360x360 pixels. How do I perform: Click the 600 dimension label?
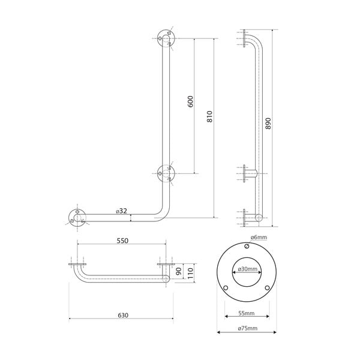point(190,101)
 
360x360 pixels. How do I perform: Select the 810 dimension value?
point(209,116)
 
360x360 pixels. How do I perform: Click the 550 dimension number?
point(122,241)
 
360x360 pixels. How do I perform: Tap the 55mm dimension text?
point(247,313)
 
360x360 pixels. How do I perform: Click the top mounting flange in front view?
point(165,39)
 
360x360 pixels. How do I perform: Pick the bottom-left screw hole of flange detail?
point(226,287)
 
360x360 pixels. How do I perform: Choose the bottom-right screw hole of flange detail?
point(268,287)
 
